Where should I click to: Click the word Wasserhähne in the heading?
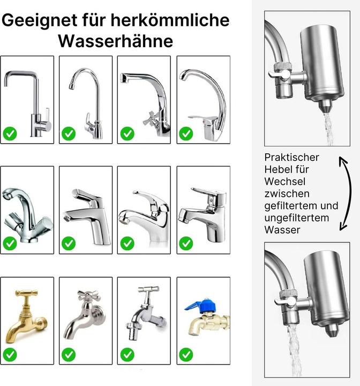pyautogui.click(x=116, y=41)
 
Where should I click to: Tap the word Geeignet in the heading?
pyautogui.click(x=39, y=20)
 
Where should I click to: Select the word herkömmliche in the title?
pyautogui.click(x=170, y=20)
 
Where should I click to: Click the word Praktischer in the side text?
pyautogui.click(x=291, y=157)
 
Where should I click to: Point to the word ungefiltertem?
pyautogui.click(x=296, y=218)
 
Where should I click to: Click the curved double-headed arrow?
pyautogui.click(x=347, y=194)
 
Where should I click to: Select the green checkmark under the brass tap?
pyautogui.click(x=10, y=355)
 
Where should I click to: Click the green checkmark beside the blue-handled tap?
pyautogui.click(x=186, y=355)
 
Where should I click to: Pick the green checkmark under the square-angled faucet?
pyautogui.click(x=10, y=133)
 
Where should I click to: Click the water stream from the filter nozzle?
pyautogui.click(x=328, y=129)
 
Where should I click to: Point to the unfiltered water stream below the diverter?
pyautogui.click(x=294, y=350)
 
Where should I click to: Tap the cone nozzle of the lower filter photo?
pyautogui.click(x=332, y=330)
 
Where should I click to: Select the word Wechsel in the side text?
pyautogui.click(x=284, y=182)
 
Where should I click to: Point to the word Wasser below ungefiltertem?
pyautogui.click(x=282, y=230)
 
